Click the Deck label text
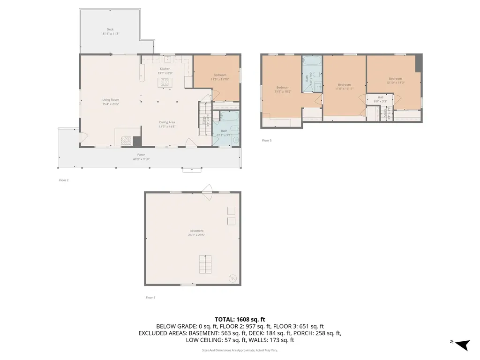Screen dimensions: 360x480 [x=110, y=29]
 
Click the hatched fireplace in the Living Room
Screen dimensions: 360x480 [x=127, y=140]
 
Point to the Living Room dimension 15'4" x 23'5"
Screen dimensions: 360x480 [x=111, y=104]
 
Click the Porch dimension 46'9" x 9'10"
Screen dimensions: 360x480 [x=141, y=159]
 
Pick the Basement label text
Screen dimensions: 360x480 [x=196, y=231]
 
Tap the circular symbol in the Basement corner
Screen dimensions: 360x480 [x=232, y=278]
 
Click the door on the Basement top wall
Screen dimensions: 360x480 [x=207, y=189]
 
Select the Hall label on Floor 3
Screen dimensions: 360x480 [x=381, y=97]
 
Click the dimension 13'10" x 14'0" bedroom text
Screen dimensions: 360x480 [x=395, y=83]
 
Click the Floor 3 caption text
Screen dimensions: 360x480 [x=267, y=140]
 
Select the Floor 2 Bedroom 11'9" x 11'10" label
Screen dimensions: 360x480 [x=220, y=79]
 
